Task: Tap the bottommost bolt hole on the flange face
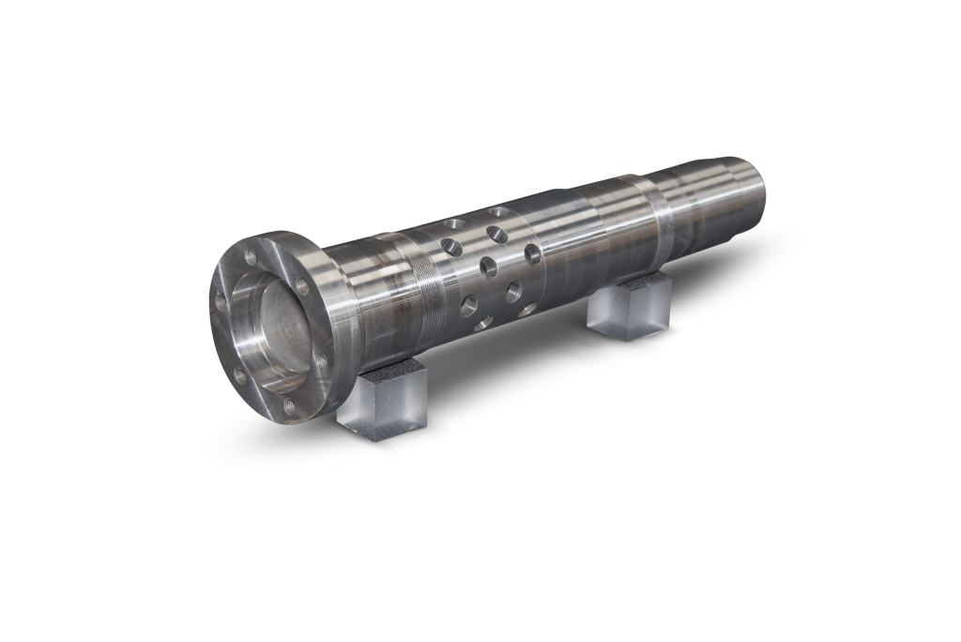288,406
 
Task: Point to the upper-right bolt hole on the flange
301,286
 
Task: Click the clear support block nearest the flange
382,402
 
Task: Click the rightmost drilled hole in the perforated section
532,253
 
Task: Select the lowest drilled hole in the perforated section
484,322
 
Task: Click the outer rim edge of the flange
217,329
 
